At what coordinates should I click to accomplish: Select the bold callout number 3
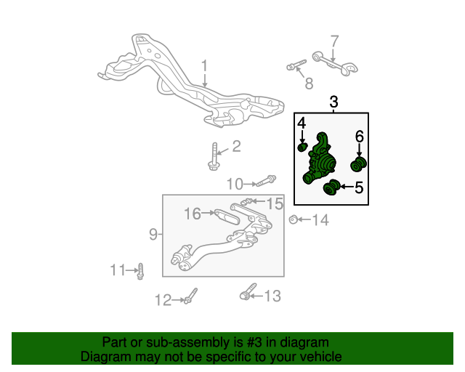[333, 102]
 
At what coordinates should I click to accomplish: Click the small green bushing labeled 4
[302, 147]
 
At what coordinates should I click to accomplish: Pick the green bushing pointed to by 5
[331, 187]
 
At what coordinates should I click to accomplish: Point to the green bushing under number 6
[358, 165]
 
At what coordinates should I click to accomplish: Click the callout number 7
[334, 41]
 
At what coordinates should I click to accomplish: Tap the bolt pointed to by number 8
[296, 65]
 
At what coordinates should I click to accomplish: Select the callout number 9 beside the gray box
[153, 234]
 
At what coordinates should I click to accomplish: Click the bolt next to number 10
[266, 181]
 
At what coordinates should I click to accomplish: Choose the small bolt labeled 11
[140, 272]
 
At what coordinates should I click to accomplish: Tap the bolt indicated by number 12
[190, 296]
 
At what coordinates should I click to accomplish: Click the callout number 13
[272, 296]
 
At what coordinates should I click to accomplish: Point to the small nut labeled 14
[294, 219]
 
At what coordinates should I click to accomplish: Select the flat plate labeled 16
[227, 217]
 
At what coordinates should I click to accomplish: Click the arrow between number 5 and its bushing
[347, 187]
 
